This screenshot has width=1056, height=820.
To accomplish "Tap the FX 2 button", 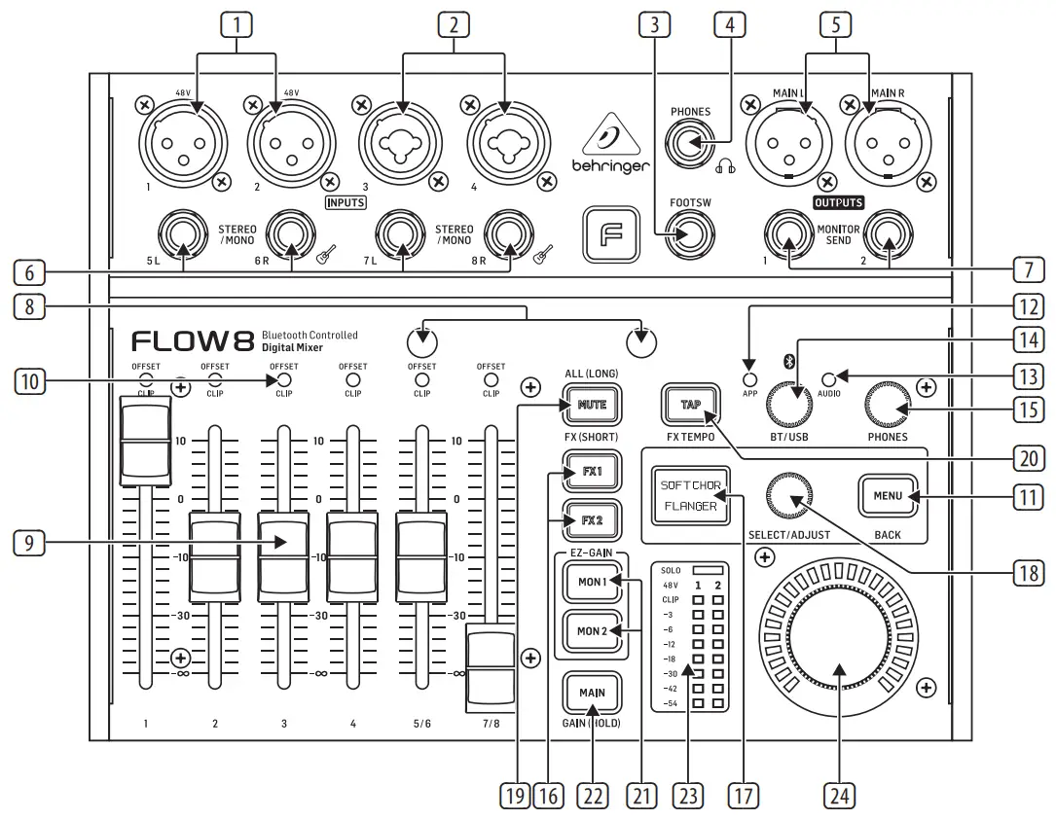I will pos(592,519).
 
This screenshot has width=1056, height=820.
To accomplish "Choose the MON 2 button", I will pos(592,630).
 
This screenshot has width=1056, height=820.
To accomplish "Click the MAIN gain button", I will pos(592,693).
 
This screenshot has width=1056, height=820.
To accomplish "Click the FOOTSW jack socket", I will pos(690,234).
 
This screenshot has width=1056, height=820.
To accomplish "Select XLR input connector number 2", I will pos(287,143).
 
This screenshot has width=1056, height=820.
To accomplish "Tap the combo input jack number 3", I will pos(397,143).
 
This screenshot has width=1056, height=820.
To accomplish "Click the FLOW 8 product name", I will pos(193,341).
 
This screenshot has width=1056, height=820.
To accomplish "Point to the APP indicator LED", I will pos(748,379).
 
